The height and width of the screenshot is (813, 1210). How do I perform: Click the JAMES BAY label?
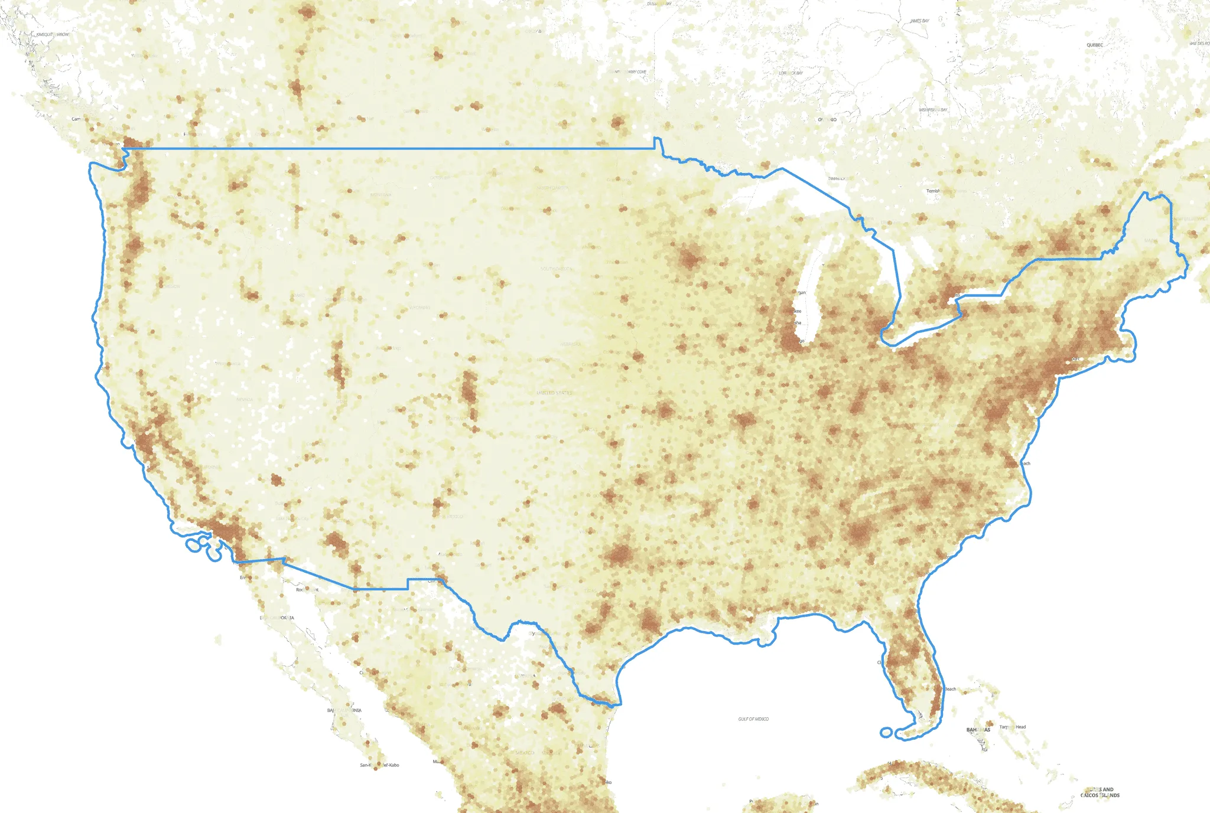[919, 21]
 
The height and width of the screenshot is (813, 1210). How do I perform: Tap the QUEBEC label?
[1094, 45]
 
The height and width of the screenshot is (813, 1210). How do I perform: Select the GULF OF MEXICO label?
[753, 719]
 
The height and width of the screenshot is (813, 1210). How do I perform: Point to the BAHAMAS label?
[978, 730]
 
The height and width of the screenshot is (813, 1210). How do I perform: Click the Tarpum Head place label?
[1013, 727]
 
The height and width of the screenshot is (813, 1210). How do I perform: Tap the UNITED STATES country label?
[554, 393]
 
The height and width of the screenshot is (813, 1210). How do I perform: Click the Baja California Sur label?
[344, 710]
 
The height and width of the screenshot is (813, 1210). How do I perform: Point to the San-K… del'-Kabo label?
[379, 765]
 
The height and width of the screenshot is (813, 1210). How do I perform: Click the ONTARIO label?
[827, 120]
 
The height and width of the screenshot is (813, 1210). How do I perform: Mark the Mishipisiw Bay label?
[933, 110]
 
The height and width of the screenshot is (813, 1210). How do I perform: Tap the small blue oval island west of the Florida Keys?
[886, 733]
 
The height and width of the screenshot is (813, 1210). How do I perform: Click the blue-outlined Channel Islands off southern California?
[194, 545]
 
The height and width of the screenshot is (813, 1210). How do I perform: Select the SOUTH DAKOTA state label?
[555, 269]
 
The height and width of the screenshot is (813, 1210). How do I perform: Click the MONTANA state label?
[380, 195]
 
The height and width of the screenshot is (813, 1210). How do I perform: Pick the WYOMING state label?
[420, 308]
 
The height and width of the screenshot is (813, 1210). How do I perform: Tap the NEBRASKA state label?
[570, 344]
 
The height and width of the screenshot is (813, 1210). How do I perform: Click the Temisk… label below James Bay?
[933, 191]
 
